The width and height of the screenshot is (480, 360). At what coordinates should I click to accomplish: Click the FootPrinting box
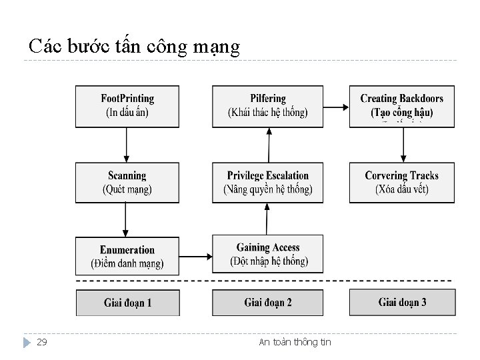tap(127, 106)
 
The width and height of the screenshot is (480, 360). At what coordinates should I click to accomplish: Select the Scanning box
tap(127, 182)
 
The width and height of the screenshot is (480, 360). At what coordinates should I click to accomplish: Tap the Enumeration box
tap(127, 256)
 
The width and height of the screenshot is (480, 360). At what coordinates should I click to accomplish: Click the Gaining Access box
tap(268, 254)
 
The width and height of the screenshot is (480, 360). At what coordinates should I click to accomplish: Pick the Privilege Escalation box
tap(268, 182)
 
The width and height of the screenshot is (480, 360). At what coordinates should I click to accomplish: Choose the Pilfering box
tap(268, 106)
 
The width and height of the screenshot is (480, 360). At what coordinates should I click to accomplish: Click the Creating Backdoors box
tap(401, 106)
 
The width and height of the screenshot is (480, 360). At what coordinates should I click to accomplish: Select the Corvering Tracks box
tap(401, 182)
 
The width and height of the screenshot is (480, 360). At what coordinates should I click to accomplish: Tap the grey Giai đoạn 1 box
tap(127, 303)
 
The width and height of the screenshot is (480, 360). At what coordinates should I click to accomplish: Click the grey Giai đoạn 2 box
tap(268, 303)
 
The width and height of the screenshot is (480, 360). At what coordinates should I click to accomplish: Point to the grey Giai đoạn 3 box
tap(401, 303)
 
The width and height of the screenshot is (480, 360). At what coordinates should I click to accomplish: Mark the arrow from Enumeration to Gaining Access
tap(195, 254)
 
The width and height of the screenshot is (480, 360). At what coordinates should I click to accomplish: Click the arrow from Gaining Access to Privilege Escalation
tap(267, 219)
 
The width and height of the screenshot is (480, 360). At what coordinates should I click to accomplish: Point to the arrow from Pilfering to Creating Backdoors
tap(337, 107)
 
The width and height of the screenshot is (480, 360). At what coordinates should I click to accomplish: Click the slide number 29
tap(41, 342)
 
